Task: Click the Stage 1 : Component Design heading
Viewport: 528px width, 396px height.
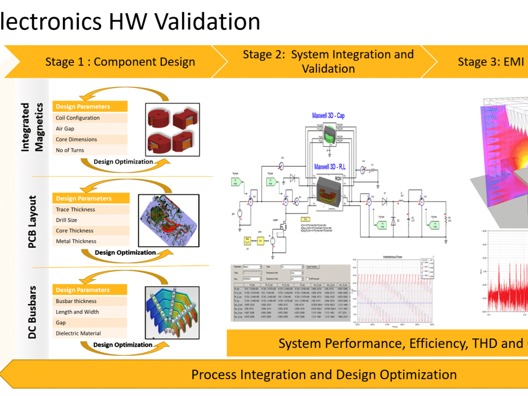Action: click(x=120, y=62)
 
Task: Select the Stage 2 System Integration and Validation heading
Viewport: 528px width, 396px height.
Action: click(x=328, y=62)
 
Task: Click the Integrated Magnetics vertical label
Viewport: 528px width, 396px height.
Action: click(x=33, y=128)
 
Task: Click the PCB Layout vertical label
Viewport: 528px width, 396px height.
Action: click(x=32, y=222)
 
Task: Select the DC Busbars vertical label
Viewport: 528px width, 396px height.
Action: click(x=32, y=312)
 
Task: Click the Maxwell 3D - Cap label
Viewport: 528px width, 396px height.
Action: click(x=329, y=116)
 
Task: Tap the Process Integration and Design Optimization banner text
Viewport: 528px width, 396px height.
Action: click(x=324, y=375)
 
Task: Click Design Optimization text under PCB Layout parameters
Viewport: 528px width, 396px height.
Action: click(x=125, y=253)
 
